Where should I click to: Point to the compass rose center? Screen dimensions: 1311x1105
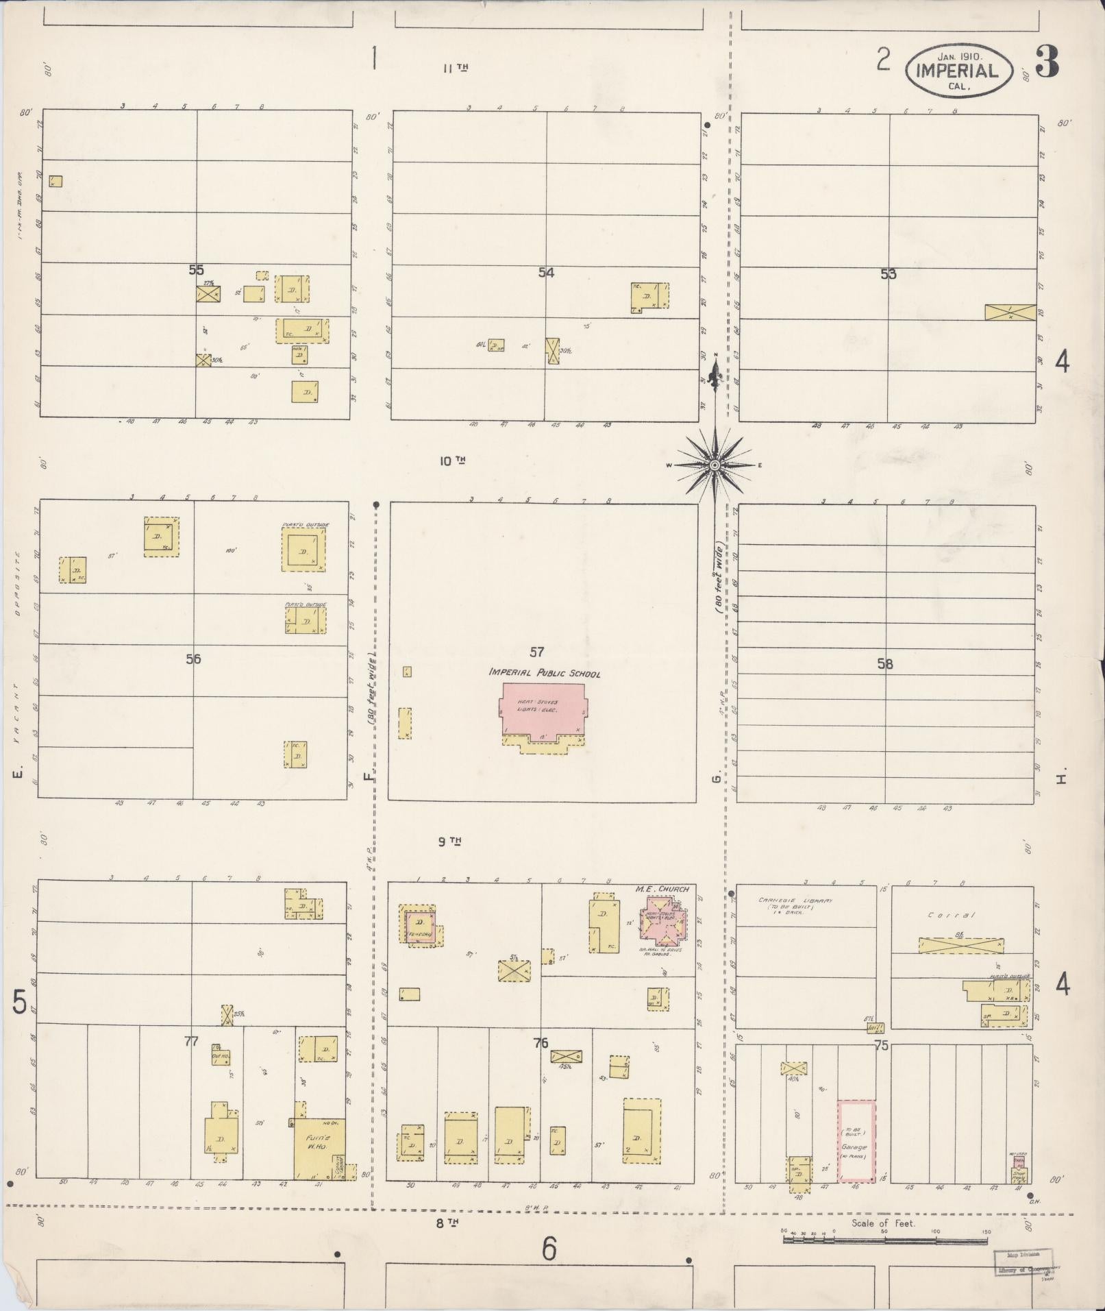click(x=715, y=465)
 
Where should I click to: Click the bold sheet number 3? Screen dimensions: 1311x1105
click(x=1047, y=62)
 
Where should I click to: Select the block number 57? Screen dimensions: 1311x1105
click(x=536, y=651)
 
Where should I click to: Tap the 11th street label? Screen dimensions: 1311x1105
click(x=455, y=68)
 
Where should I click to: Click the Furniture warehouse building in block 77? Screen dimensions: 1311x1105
click(x=319, y=1143)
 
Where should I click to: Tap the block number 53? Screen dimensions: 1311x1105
click(x=888, y=274)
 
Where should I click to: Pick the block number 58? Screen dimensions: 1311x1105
click(x=885, y=663)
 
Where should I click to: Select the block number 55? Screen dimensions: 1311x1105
click(x=197, y=270)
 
